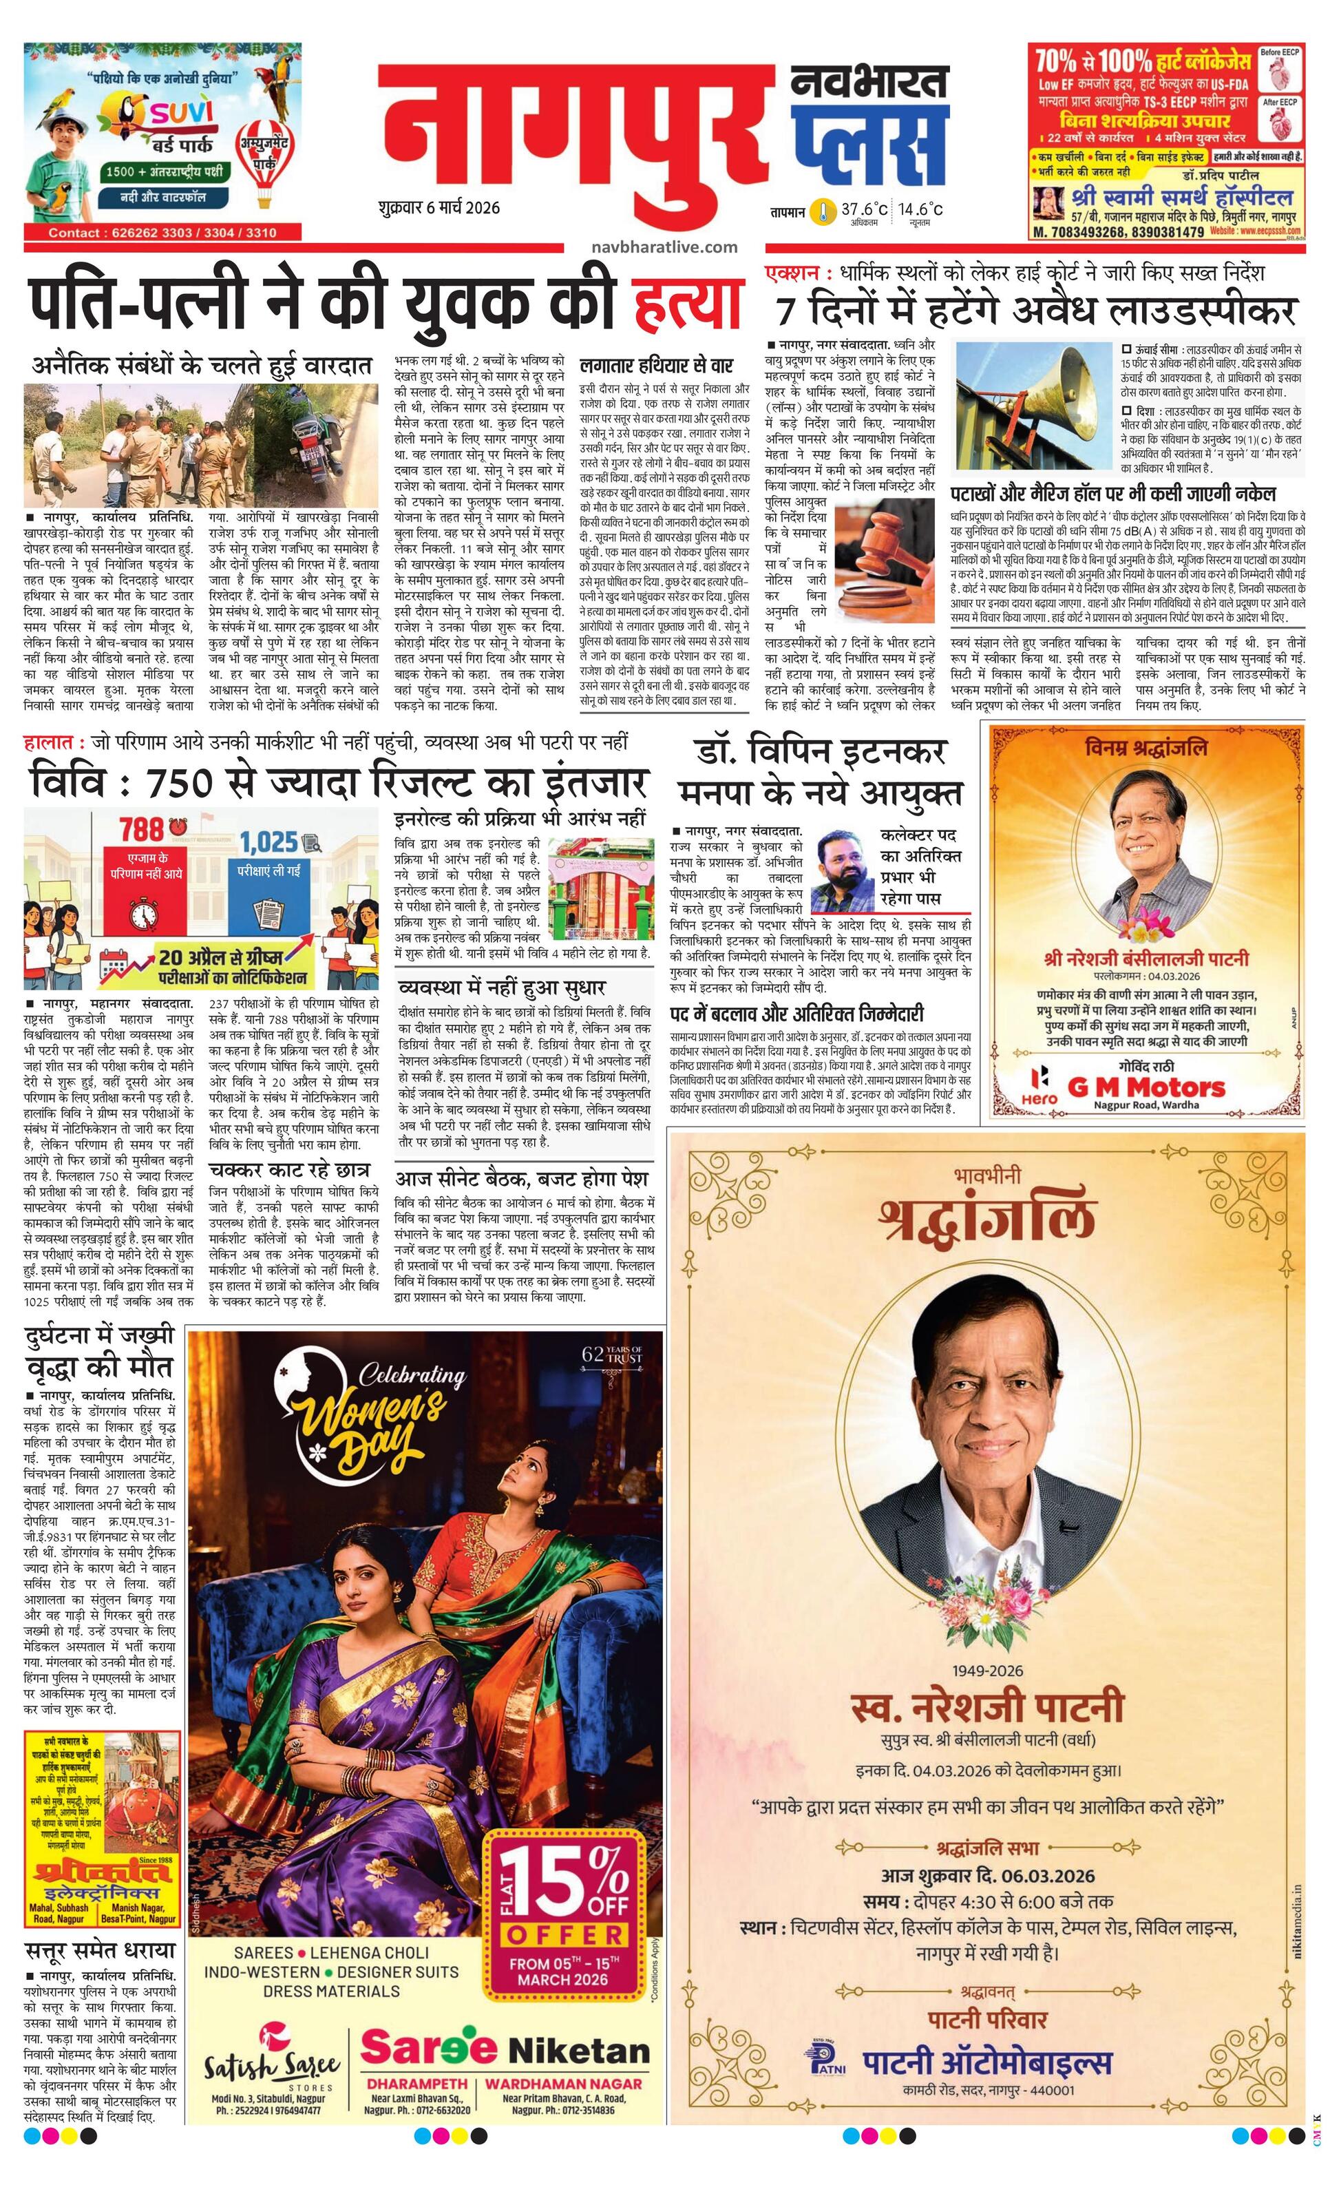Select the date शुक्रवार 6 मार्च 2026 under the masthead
438,209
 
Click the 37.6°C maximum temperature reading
864,209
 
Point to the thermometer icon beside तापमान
825,212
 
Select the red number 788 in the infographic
142,829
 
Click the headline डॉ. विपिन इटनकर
821,753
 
